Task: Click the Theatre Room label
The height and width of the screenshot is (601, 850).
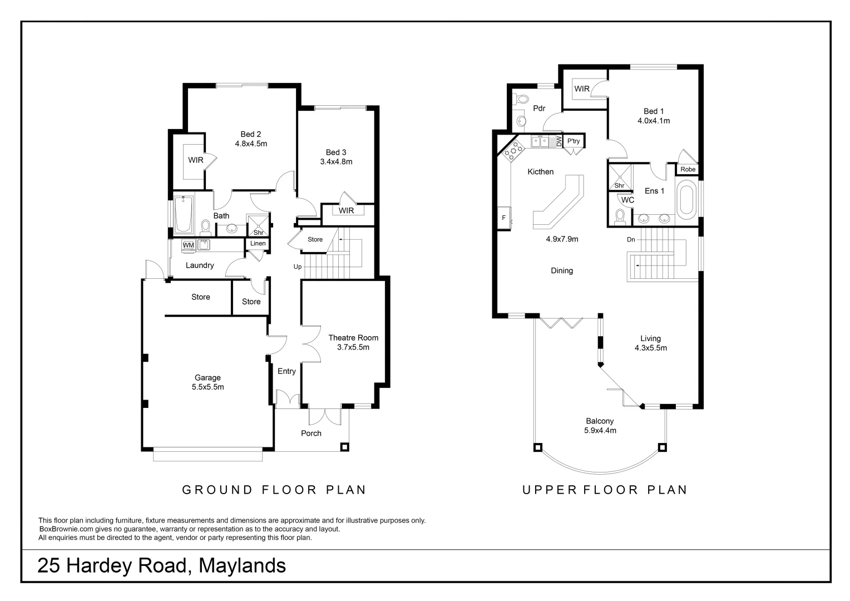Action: (353, 338)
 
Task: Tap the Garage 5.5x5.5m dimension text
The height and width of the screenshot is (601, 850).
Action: (207, 387)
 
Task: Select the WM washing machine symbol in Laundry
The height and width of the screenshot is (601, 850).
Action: (188, 245)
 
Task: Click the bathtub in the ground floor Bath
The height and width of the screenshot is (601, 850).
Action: (183, 215)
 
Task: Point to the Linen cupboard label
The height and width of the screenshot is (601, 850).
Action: (258, 244)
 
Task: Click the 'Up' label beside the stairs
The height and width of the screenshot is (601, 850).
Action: (298, 267)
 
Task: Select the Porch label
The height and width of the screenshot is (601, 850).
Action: (311, 433)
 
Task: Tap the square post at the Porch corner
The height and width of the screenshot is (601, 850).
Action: (345, 446)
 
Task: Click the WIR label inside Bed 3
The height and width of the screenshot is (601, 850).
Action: (346, 211)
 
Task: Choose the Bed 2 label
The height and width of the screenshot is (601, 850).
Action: (251, 134)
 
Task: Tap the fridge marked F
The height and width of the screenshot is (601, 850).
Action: (504, 218)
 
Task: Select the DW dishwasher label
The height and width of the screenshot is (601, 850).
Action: (559, 142)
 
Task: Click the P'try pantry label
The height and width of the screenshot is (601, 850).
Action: (574, 141)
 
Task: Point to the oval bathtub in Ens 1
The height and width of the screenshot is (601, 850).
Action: (686, 199)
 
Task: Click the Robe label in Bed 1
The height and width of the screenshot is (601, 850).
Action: (688, 169)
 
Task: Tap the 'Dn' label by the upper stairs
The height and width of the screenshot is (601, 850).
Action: (631, 240)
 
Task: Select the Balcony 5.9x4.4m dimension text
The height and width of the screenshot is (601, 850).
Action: (600, 431)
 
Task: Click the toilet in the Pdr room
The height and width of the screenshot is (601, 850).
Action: (522, 100)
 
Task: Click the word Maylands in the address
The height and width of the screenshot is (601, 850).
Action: (242, 566)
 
